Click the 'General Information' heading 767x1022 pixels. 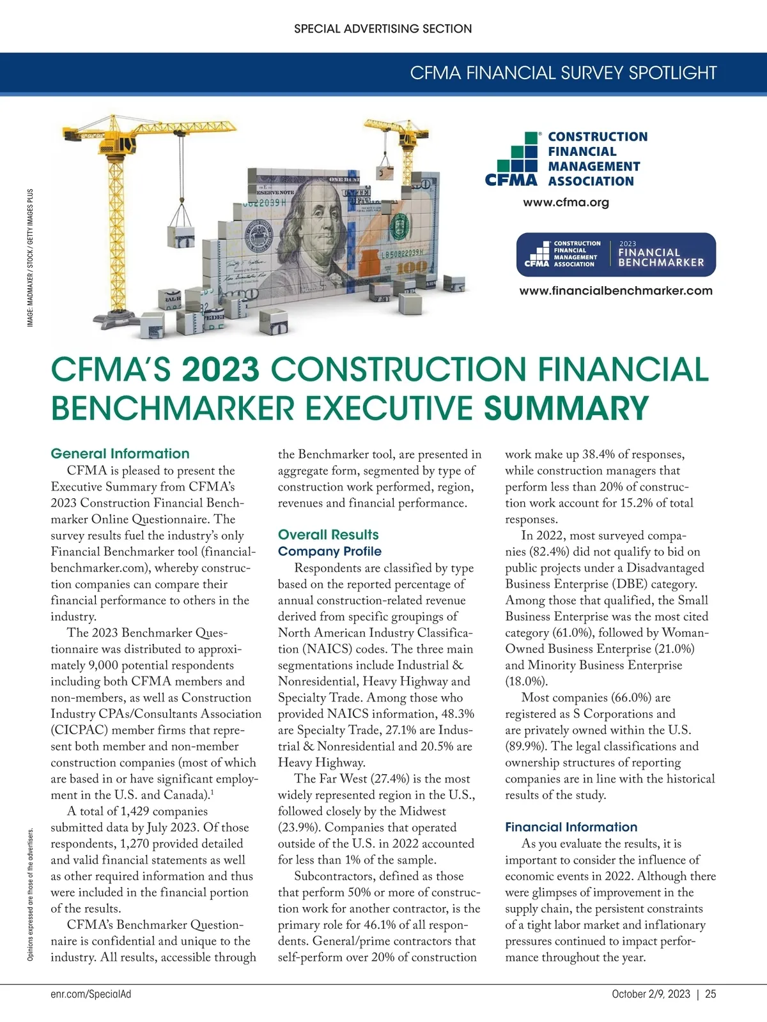[x=120, y=454]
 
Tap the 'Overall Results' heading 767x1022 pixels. [x=328, y=535]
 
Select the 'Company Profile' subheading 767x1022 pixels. [x=329, y=551]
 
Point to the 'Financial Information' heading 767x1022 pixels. [x=571, y=827]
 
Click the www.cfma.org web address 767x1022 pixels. [x=566, y=202]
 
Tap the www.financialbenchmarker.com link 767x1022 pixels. [x=616, y=291]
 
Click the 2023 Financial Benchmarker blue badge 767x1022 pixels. [x=616, y=254]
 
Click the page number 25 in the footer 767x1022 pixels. [x=711, y=994]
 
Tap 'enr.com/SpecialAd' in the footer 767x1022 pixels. [x=91, y=994]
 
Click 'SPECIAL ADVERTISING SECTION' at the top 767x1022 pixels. [x=383, y=29]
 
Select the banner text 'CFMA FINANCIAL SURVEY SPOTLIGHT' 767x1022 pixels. [x=563, y=73]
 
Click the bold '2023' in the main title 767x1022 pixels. [x=221, y=370]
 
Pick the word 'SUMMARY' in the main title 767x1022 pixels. [x=566, y=408]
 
